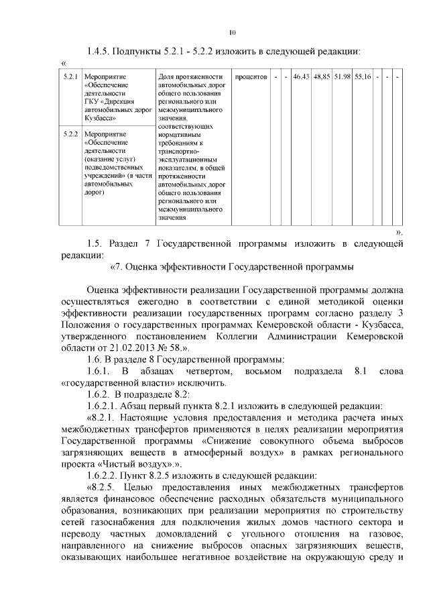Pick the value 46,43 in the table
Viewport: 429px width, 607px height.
coord(301,77)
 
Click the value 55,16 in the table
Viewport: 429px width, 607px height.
coord(363,77)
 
